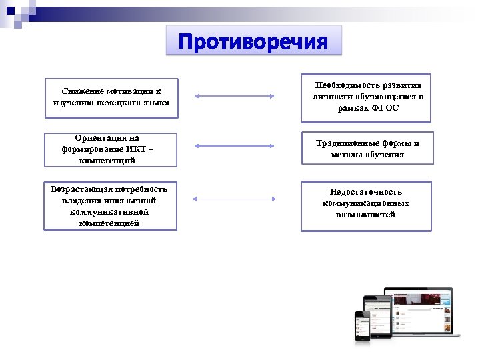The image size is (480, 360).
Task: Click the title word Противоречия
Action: pyautogui.click(x=253, y=43)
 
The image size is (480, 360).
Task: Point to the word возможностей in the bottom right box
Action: pyautogui.click(x=366, y=215)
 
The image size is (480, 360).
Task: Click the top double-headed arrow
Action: pyautogui.click(x=234, y=97)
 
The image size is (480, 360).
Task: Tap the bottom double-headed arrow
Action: pyautogui.click(x=234, y=199)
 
